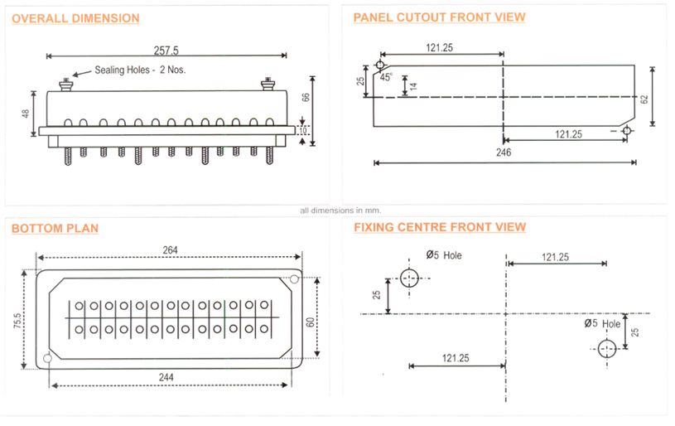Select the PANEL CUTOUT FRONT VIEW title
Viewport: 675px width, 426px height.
tap(439, 17)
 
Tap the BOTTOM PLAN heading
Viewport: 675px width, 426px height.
tap(55, 228)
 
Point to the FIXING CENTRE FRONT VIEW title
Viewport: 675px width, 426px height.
tap(439, 226)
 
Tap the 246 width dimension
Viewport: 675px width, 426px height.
tap(504, 152)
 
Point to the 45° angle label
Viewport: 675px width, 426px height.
tap(386, 77)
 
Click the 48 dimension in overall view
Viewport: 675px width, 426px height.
tap(26, 114)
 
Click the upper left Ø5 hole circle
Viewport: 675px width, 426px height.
tap(409, 278)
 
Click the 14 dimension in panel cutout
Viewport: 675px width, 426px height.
tap(413, 85)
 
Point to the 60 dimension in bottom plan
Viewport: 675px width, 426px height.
tap(311, 317)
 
